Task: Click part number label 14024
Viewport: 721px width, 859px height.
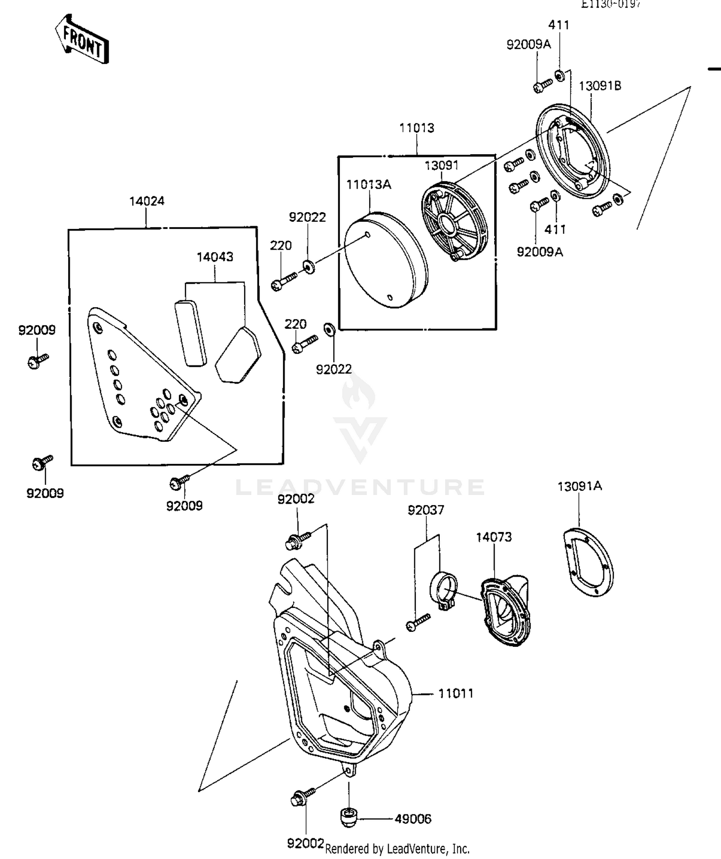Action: tap(147, 201)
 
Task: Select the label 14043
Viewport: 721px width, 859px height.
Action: tap(215, 257)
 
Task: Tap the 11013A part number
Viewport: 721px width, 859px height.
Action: tap(369, 184)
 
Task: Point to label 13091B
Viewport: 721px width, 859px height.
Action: tap(599, 86)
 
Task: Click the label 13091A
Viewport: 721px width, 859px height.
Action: tap(579, 486)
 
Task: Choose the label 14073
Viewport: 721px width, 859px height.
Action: tap(494, 537)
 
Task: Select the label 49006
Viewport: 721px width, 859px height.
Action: tap(413, 819)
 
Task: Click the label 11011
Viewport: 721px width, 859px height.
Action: tap(456, 693)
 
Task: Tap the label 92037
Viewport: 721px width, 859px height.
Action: tap(426, 510)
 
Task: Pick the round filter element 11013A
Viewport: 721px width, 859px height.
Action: tap(386, 259)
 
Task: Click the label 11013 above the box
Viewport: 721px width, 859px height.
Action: tap(417, 128)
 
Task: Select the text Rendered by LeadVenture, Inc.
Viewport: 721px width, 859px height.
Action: tap(397, 849)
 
